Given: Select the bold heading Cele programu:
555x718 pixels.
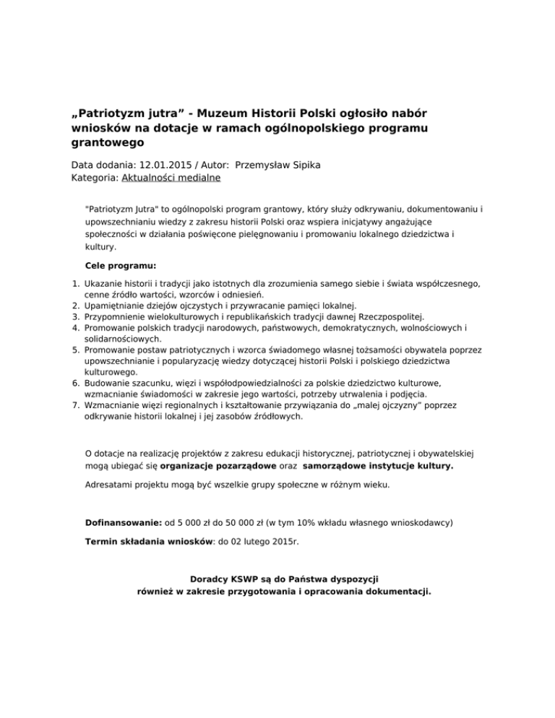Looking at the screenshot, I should pyautogui.click(x=121, y=264).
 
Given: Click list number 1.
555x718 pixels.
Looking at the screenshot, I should pyautogui.click(x=77, y=285).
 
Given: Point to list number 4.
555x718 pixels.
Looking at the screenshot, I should pyautogui.click(x=77, y=327).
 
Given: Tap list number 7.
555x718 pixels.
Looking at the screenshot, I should pyautogui.click(x=77, y=406).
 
